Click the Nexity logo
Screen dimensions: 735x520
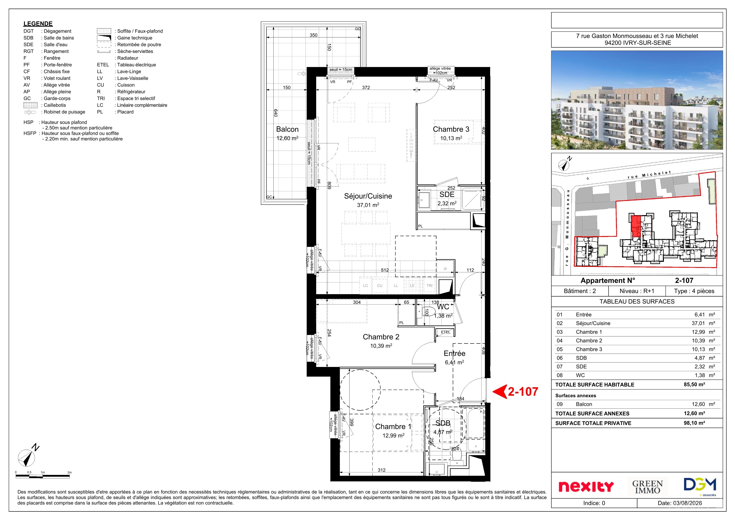coord(586,487)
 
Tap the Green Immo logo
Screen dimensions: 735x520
coord(647,487)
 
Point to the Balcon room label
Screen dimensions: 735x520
coord(287,129)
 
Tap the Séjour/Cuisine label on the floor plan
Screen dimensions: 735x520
coord(368,196)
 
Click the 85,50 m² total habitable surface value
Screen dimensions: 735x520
coord(694,385)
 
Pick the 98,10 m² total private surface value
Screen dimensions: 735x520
coord(694,423)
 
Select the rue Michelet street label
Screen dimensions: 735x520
coord(649,175)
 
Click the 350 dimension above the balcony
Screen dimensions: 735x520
coord(313,35)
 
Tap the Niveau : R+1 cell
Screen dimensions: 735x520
coord(637,291)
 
